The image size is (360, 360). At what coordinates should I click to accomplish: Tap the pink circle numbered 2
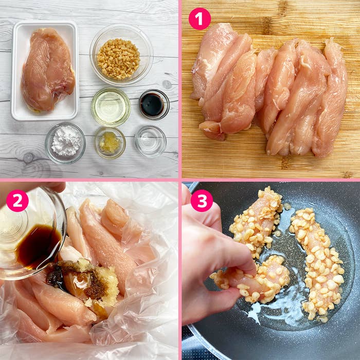[17, 201]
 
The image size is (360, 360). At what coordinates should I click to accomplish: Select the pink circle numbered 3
[202, 201]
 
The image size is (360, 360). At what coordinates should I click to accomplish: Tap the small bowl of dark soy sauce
[153, 104]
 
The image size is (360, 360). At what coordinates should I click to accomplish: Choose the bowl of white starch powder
[65, 142]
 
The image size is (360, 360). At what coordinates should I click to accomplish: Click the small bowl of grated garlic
[110, 142]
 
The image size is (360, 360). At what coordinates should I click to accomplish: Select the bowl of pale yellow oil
[111, 106]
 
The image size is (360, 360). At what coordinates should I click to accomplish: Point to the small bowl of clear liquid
[150, 140]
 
